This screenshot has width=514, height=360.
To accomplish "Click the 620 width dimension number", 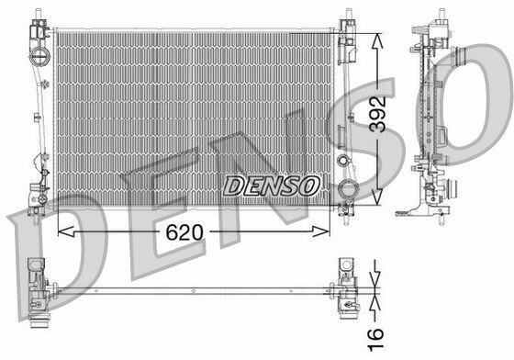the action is (184, 232).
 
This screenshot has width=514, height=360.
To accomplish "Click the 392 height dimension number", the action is (377, 114).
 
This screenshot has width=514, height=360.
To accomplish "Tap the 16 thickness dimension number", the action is (375, 340).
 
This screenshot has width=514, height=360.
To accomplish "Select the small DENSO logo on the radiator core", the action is (272, 186).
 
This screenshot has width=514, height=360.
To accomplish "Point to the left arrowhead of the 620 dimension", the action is (66, 231).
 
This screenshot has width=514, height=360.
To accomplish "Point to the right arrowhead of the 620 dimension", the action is (320, 231).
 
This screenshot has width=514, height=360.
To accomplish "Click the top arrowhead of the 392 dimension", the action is (377, 40).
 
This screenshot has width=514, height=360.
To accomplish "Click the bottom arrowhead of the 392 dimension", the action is (377, 197).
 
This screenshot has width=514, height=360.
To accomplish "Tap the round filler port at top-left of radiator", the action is (40, 56).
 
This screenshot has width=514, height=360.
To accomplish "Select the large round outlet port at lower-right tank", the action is (347, 188).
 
